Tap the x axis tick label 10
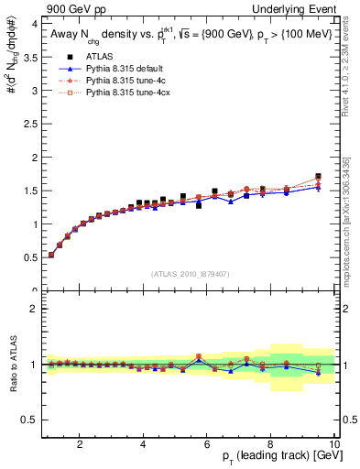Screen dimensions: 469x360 pos(333,445)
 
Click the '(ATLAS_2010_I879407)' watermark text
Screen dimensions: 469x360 pos(190,273)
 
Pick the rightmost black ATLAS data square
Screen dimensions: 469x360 pos(318,176)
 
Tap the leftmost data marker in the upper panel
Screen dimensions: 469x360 pos(51,255)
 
